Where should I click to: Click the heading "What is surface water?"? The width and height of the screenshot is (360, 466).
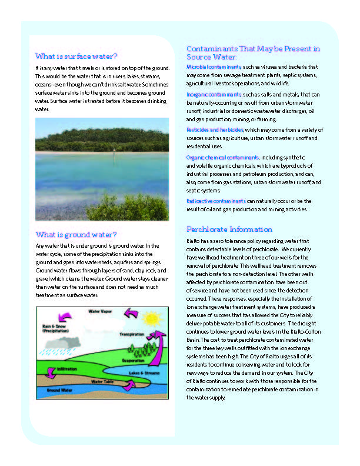[76, 56]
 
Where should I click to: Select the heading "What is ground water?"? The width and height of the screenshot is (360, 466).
[76, 234]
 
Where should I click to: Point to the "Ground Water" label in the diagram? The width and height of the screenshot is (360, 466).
[59, 390]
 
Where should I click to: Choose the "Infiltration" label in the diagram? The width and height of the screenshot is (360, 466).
[66, 369]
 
